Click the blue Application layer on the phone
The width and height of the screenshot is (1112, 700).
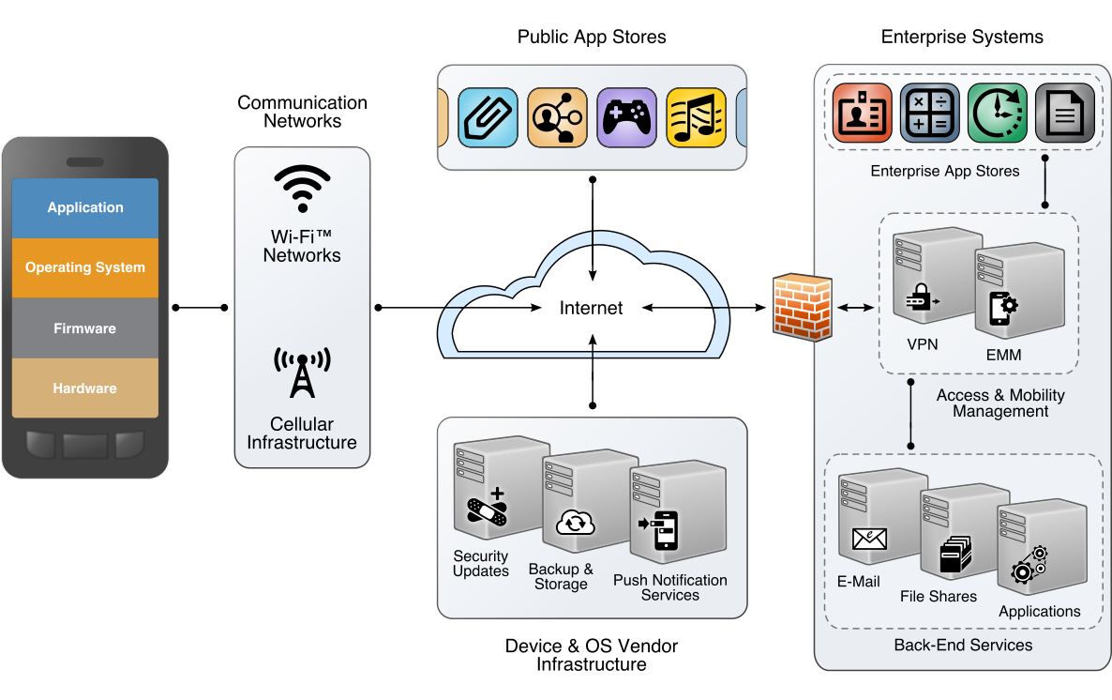85,207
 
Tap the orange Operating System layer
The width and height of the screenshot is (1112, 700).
85,267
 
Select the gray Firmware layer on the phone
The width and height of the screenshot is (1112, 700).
85,328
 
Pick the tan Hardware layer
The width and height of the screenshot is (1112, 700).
85,388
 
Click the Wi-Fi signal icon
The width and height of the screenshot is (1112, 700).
302,189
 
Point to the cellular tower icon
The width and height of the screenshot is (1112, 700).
302,373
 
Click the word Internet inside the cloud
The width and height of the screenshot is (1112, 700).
591,308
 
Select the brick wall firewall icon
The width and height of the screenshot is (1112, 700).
802,307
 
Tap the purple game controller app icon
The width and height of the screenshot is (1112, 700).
626,117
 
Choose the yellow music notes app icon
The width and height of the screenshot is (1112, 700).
696,117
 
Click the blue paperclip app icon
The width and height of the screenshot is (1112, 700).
488,117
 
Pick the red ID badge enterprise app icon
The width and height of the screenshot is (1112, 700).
862,113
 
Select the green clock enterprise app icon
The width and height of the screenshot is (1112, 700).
997,113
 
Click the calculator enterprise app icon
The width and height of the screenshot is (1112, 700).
929,113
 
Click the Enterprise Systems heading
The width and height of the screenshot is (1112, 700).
962,38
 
